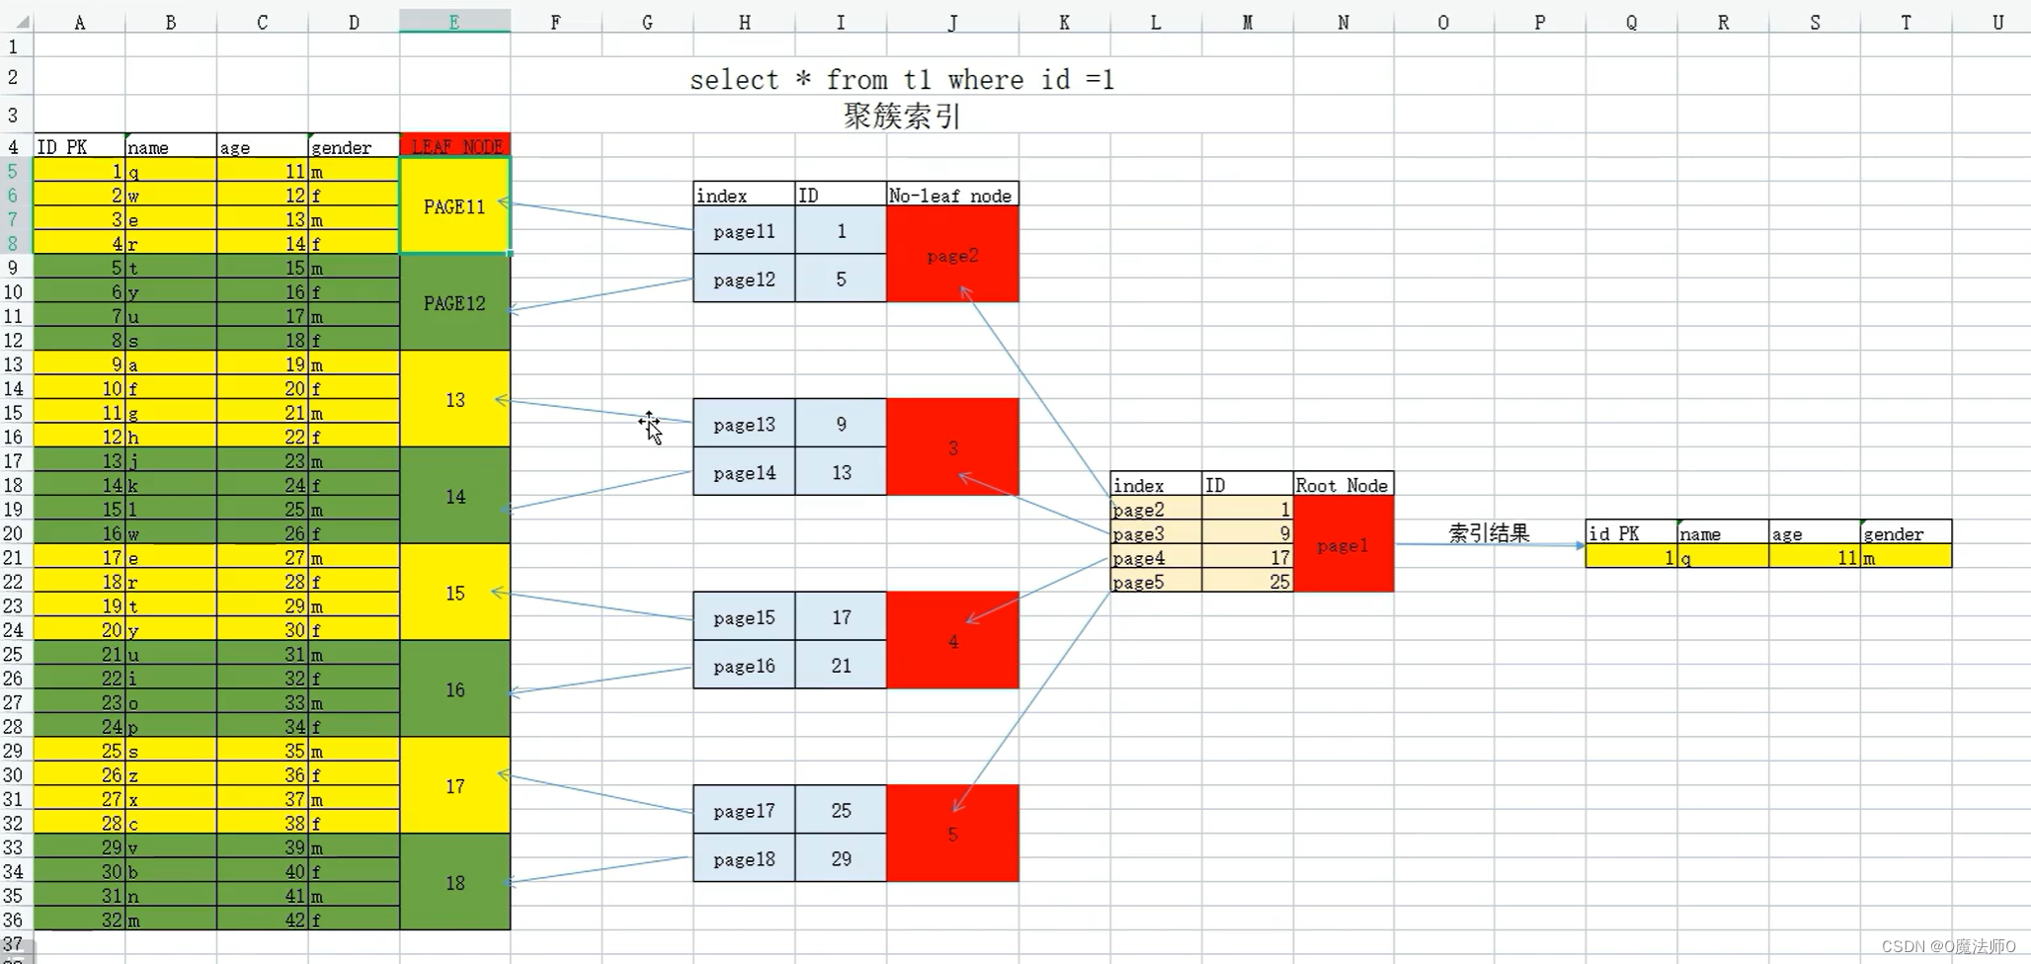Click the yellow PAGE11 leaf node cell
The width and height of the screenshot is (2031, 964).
tap(454, 206)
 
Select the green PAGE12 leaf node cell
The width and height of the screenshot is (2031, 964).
tap(454, 303)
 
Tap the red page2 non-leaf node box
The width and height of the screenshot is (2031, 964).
tap(952, 256)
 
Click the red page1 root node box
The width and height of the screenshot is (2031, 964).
tap(1342, 545)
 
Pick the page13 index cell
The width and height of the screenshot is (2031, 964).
tap(744, 425)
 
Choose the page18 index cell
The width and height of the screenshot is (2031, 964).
tap(744, 859)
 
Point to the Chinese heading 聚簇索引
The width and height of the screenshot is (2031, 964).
tap(901, 117)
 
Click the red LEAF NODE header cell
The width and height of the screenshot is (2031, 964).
tap(455, 146)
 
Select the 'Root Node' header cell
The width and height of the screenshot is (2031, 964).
tap(1341, 485)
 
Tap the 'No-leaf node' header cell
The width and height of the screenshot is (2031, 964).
tap(950, 196)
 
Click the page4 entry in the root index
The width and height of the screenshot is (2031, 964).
tap(1139, 558)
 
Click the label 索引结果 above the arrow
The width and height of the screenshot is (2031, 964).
tap(1488, 533)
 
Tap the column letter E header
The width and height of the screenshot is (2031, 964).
tap(454, 22)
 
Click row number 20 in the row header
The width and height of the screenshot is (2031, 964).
tap(14, 533)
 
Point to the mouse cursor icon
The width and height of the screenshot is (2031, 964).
tap(650, 427)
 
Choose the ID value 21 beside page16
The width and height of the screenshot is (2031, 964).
tap(841, 666)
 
